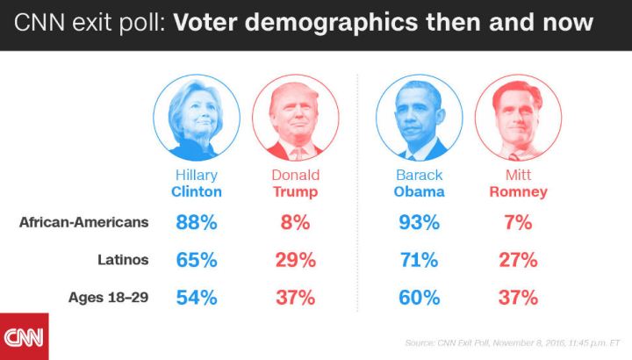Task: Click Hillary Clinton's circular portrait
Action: pos(197,117)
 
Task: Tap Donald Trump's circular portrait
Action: pos(295,117)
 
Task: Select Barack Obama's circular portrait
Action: pos(420,117)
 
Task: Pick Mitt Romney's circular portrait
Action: pos(518,117)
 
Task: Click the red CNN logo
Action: pos(24,336)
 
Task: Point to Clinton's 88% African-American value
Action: pos(196,223)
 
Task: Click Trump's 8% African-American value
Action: pos(295,223)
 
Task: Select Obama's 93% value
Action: pos(419,223)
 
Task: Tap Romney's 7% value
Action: pos(518,223)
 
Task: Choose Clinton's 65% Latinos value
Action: pos(196,260)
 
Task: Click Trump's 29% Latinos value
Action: pos(295,260)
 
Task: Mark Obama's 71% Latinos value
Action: pos(419,260)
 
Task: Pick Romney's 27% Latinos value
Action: pos(518,260)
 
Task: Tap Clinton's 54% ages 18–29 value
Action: pos(196,298)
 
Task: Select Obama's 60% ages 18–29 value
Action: pos(419,298)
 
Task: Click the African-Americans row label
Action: pos(83,223)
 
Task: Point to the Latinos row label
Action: pos(122,260)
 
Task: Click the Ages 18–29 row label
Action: pos(108,298)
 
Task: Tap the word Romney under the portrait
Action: pos(518,191)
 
